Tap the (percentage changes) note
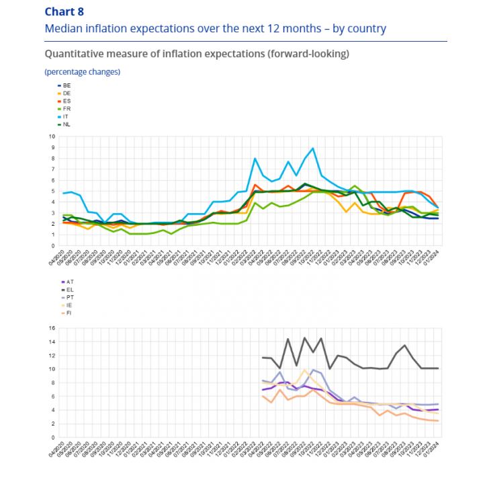coord(82,71)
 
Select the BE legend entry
coord(67,85)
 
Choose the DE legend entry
coord(67,93)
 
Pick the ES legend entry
coord(67,101)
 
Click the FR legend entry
coord(67,108)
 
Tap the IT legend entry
coord(67,116)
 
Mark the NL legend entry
coord(67,124)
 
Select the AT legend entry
coord(67,280)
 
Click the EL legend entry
coord(67,288)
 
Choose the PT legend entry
coord(67,296)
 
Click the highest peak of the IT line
coord(312,148)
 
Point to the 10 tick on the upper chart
coord(52,136)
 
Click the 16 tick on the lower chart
coord(52,328)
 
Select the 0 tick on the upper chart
coord(53,246)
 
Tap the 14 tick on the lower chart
coord(52,342)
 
